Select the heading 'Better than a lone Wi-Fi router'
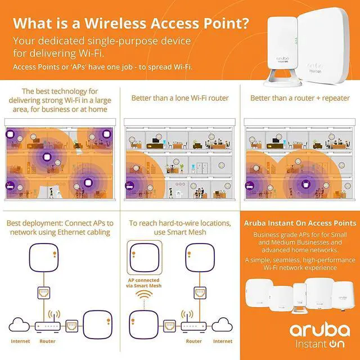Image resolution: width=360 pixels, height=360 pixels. click(180, 98)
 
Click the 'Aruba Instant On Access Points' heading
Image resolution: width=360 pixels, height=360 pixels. click(300, 223)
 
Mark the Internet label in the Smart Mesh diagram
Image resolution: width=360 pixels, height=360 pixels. click(223, 341)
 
